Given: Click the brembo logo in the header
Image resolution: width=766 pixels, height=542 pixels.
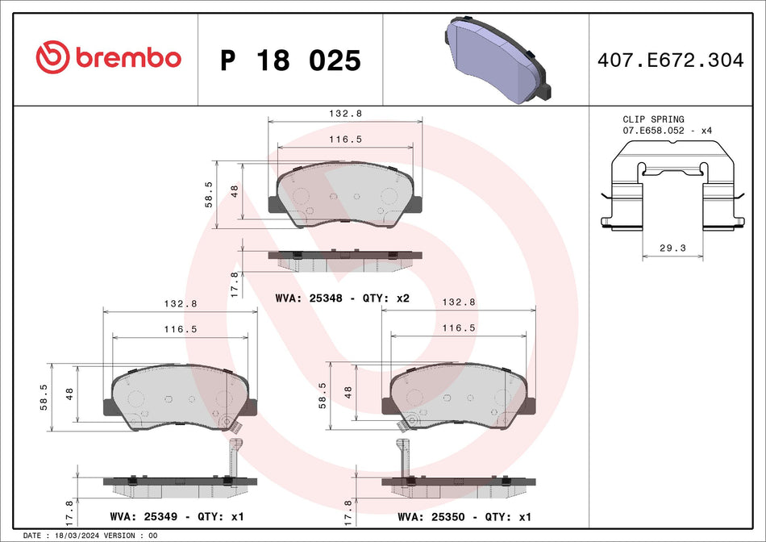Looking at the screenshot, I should pyautogui.click(x=108, y=57).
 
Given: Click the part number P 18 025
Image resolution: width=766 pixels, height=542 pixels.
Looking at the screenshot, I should pyautogui.click(x=290, y=60).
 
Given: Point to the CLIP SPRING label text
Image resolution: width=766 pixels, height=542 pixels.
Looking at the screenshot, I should pyautogui.click(x=653, y=119).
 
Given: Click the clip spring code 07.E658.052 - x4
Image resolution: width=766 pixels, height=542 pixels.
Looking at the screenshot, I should pyautogui.click(x=667, y=130).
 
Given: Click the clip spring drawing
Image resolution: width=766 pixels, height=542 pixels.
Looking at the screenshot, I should pyautogui.click(x=672, y=187).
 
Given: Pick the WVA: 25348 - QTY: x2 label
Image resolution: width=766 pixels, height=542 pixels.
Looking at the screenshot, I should pyautogui.click(x=343, y=298).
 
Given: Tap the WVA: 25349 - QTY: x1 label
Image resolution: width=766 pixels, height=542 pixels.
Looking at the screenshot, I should pyautogui.click(x=176, y=515).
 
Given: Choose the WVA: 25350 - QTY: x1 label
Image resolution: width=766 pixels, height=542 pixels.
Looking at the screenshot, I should pyautogui.click(x=464, y=515).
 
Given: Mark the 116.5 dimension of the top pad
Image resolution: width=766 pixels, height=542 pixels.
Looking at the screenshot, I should pyautogui.click(x=344, y=140).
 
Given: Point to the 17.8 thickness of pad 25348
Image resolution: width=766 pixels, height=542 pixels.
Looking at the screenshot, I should pyautogui.click(x=235, y=285).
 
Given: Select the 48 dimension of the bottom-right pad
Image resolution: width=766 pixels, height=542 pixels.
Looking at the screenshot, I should pyautogui.click(x=348, y=393).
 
